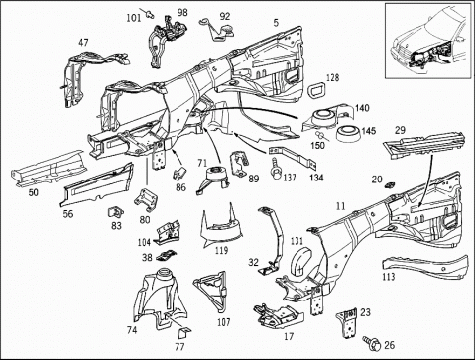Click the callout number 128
point(332,78)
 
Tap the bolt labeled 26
point(372,343)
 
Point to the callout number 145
point(369,131)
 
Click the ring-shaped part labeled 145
point(347,134)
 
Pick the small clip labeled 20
point(390,185)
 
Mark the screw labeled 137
point(275,168)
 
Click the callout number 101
point(134,18)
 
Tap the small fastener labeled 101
point(150,13)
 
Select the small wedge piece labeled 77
point(184,333)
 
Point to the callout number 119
point(221,250)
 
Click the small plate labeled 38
point(166,256)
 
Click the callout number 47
point(83,43)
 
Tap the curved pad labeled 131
point(300,262)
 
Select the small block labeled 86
point(179,173)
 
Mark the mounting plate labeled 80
point(146,199)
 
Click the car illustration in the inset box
point(428,41)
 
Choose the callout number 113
point(389,276)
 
